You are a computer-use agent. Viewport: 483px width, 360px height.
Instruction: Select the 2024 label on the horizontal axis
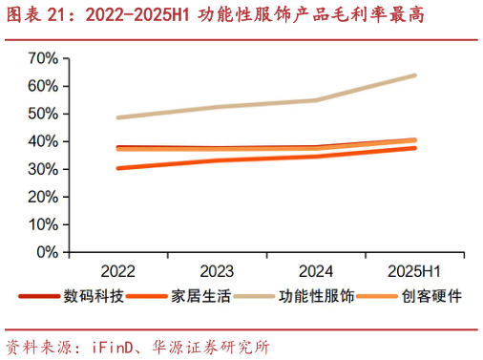coord(315,268)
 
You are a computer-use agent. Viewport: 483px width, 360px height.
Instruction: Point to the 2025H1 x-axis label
coord(415,268)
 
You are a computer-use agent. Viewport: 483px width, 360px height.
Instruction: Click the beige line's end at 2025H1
coord(415,74)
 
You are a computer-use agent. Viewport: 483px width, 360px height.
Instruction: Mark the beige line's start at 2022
coord(116,117)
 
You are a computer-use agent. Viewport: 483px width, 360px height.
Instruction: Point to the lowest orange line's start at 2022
coord(116,168)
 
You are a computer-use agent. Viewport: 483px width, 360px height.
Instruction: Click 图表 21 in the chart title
coord(37,16)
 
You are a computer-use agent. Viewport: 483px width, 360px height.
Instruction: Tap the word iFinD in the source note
coord(110,345)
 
